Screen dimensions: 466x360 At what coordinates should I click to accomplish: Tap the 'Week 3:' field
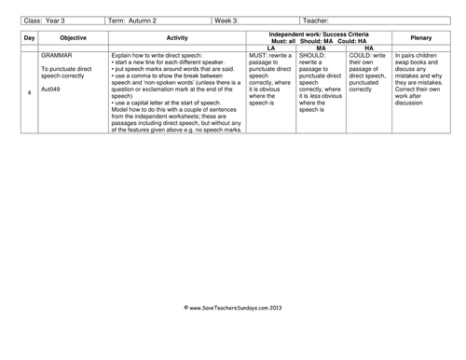click(228, 19)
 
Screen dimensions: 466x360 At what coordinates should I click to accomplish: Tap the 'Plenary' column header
click(416, 40)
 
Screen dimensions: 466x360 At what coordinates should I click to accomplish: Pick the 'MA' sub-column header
click(320, 48)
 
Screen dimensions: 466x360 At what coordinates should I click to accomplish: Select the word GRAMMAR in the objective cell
click(59, 56)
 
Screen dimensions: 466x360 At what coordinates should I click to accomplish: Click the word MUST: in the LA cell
click(259, 56)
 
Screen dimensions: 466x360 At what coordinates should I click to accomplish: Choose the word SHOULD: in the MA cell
click(313, 56)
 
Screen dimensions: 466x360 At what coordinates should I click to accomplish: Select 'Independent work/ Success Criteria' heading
click(320, 34)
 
